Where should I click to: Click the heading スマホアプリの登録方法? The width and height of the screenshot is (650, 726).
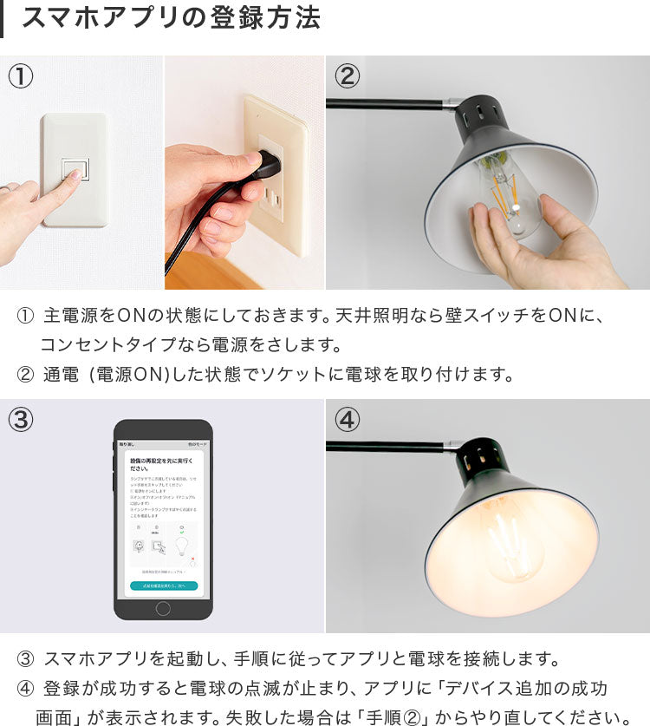170,18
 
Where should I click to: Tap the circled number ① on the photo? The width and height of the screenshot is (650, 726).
21,76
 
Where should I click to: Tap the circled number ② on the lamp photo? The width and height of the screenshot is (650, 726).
347,76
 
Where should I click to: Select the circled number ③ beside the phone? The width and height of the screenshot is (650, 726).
21,420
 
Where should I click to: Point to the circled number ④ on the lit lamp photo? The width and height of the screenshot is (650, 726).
347,420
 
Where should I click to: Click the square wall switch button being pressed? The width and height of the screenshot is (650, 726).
75,169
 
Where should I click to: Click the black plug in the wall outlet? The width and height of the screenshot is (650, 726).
268,163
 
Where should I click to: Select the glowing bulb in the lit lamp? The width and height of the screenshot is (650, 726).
511,542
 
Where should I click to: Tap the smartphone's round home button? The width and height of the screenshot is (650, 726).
163,607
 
